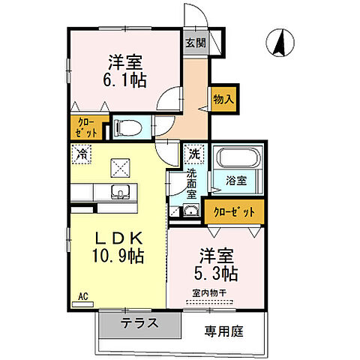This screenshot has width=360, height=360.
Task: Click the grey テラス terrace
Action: coord(139,325)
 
